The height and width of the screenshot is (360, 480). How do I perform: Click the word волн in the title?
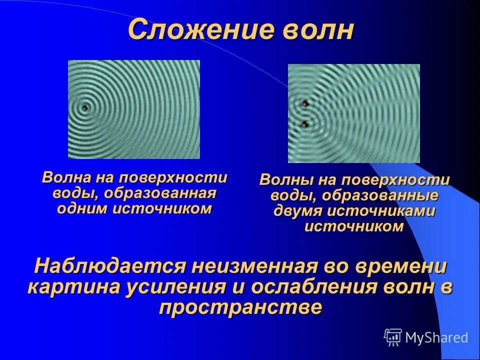315,30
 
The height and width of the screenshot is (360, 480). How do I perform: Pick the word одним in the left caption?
83,208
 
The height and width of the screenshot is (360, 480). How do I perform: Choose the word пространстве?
240,307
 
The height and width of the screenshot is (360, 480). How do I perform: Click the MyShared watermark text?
436,337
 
